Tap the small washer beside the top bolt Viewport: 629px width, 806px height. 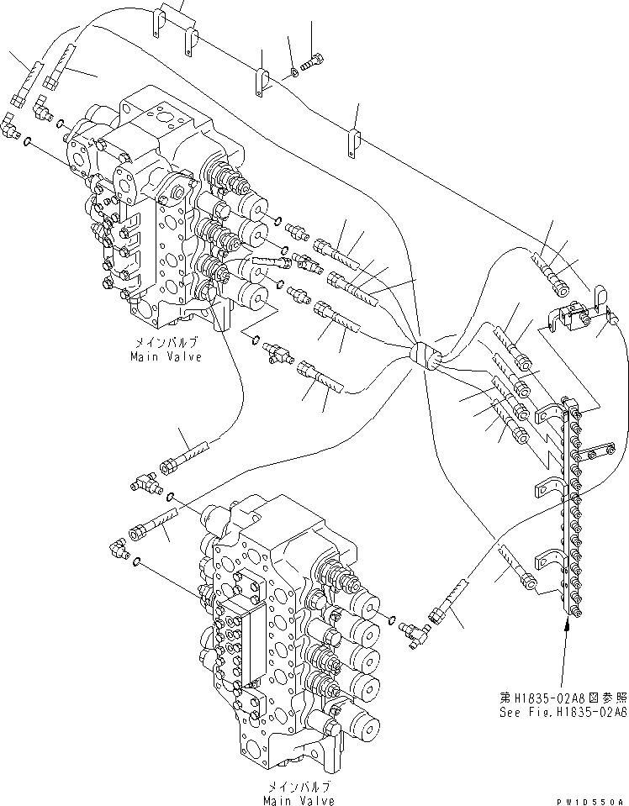[293, 72]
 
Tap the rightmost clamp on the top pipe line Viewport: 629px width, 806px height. [354, 140]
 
